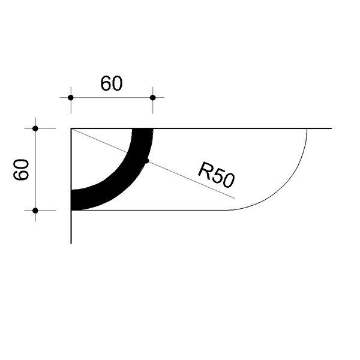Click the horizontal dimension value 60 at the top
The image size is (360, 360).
[112, 83]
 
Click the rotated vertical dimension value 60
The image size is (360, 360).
[21, 169]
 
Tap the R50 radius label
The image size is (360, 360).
[216, 175]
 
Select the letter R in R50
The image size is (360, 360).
[205, 170]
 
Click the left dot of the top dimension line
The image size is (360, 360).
[71, 98]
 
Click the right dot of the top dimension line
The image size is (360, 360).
[152, 98]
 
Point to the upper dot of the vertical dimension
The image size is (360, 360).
[35, 128]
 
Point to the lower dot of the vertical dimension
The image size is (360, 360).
[35, 211]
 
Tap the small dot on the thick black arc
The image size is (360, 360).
[147, 161]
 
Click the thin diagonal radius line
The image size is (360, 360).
[153, 163]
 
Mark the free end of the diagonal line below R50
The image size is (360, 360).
[235, 198]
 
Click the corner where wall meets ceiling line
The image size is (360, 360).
[71, 128]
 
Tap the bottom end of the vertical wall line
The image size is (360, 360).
[71, 244]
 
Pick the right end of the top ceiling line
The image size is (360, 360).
[331, 128]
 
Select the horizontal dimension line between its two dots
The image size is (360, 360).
[112, 98]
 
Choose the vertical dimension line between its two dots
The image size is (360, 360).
[35, 169]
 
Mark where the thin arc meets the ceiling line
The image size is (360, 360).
[307, 128]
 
